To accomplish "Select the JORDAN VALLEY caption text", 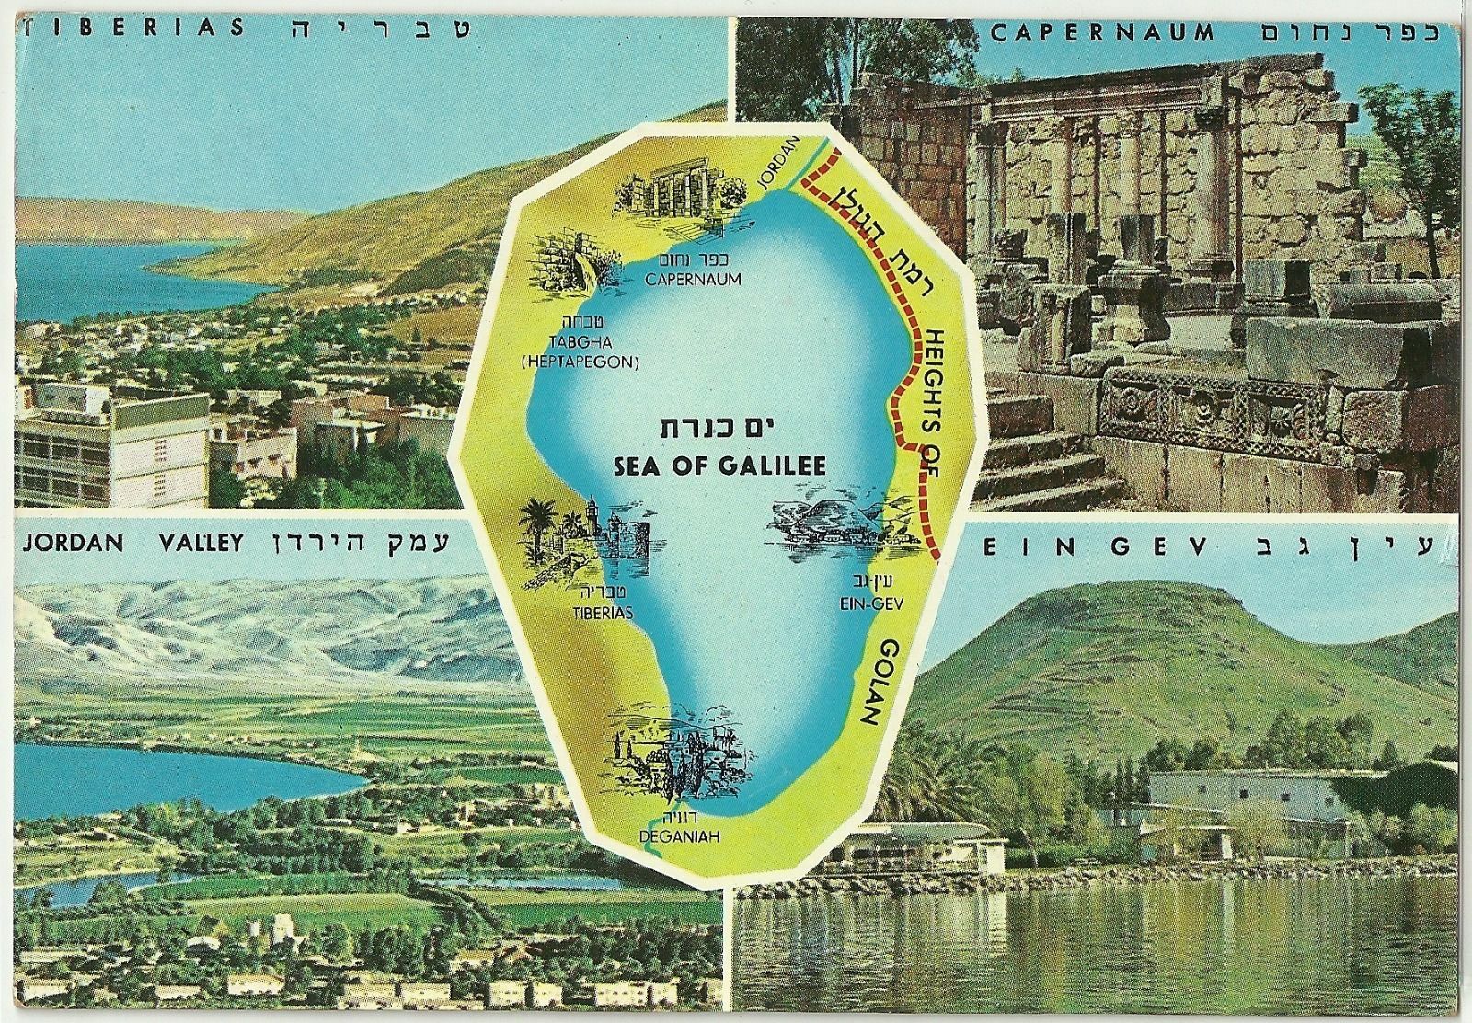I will click(131, 542).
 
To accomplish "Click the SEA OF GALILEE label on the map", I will click(719, 466).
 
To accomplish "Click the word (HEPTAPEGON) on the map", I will click(580, 362).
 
